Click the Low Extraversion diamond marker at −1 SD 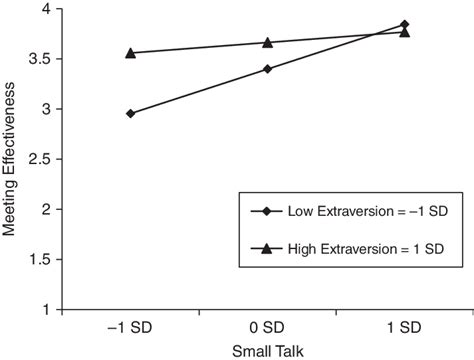coord(131,113)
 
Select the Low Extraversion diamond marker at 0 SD coord(268,69)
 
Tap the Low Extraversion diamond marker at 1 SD coord(404,24)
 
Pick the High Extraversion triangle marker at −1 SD coord(131,52)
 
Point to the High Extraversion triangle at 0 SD coord(268,42)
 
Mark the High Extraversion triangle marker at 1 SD coord(404,31)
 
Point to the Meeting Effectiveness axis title coord(12,160)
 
